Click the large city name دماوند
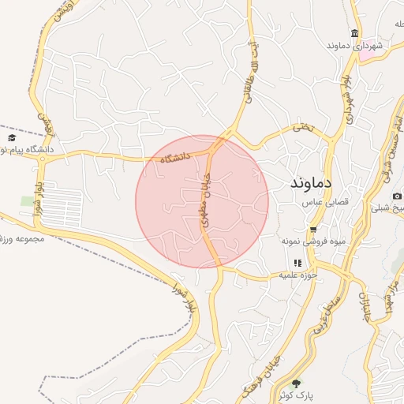pyautogui.click(x=304, y=181)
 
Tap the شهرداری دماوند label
pyautogui.click(x=356, y=47)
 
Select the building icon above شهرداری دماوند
pyautogui.click(x=355, y=33)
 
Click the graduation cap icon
pyautogui.click(x=11, y=137)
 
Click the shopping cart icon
pyautogui.click(x=313, y=229)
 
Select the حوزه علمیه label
pyautogui.click(x=297, y=275)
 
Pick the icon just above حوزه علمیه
pyautogui.click(x=297, y=263)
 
